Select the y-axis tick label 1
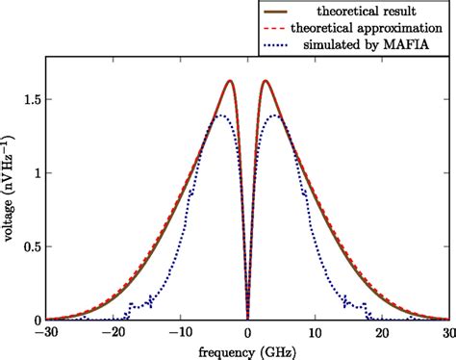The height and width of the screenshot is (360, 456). point(35,173)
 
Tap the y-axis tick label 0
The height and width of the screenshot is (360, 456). point(35,320)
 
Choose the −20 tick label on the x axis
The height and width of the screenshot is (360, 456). point(113,332)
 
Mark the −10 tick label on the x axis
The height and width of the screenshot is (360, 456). point(180,332)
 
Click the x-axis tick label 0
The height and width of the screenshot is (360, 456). point(248,332)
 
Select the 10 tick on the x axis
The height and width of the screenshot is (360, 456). point(315,332)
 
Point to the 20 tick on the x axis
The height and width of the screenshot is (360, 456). point(382,332)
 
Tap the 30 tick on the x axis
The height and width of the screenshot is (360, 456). point(447,332)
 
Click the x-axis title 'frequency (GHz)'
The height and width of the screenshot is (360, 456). point(247,350)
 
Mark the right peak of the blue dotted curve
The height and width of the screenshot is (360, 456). point(275,116)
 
